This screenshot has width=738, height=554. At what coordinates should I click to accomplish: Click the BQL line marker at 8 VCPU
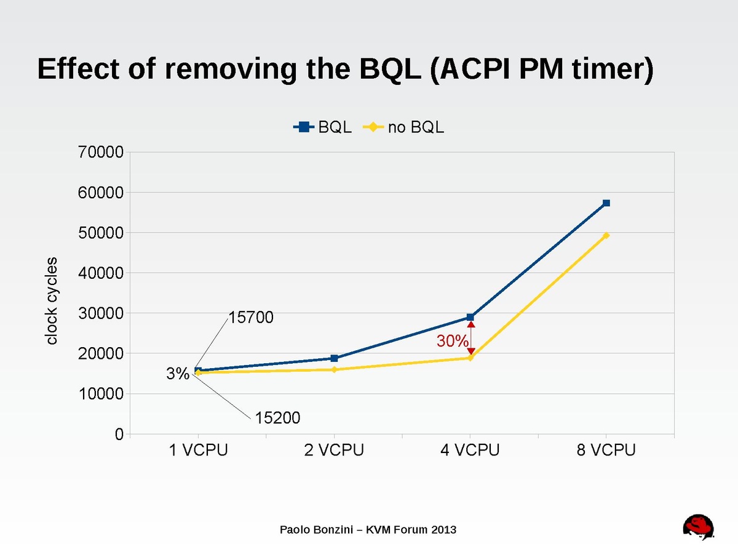tap(606, 203)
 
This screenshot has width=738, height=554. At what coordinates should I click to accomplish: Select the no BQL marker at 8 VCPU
tap(606, 235)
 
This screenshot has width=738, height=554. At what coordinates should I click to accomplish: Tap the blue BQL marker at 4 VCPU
tap(470, 318)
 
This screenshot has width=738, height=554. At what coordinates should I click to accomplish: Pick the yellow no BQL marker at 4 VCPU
tap(470, 358)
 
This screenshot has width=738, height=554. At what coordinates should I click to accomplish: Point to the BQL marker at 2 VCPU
tap(334, 358)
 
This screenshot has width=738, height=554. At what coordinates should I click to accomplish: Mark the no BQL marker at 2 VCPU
tap(334, 369)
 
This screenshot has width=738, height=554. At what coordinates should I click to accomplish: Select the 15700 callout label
tap(251, 318)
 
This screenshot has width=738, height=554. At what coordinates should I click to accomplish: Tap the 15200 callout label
tap(278, 418)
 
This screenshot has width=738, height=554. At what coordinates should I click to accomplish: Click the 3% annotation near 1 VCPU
tap(178, 374)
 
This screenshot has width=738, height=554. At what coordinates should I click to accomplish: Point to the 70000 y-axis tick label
tap(102, 152)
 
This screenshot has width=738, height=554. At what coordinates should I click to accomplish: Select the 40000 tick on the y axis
tap(102, 273)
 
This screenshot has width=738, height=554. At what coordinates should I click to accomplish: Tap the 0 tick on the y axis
tap(119, 434)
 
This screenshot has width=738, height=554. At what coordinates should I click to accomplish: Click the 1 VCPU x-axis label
tap(199, 451)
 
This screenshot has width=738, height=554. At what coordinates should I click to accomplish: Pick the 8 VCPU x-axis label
tap(606, 451)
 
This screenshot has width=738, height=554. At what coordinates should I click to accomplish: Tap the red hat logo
tap(699, 528)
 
